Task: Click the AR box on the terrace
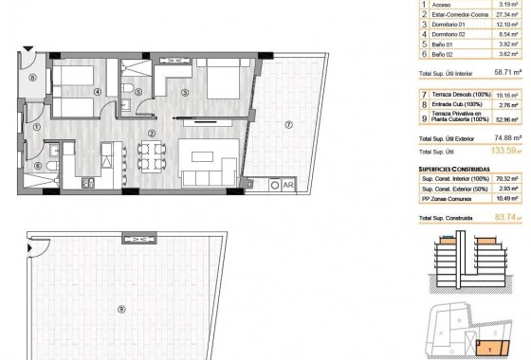287,185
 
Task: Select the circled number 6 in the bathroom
38,165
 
